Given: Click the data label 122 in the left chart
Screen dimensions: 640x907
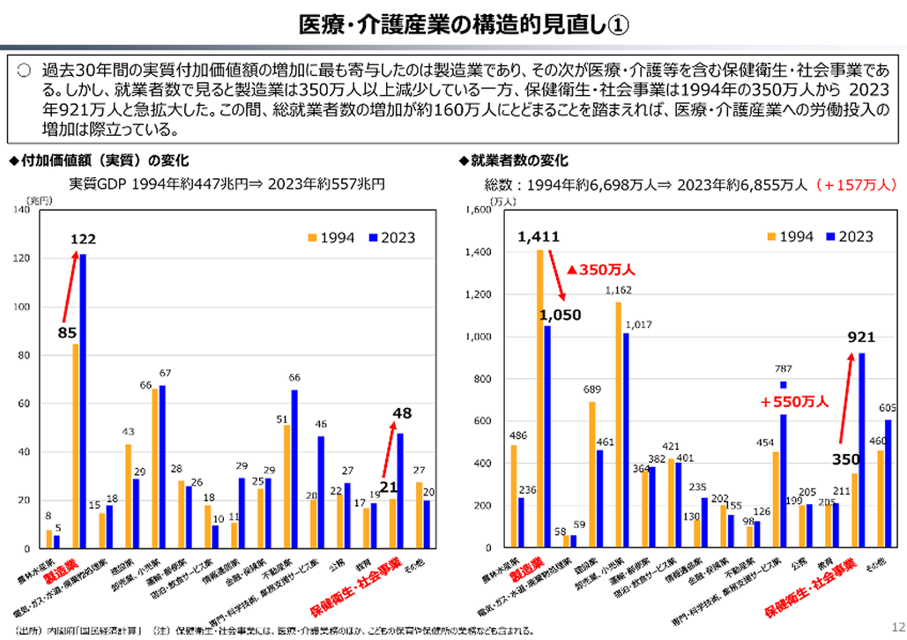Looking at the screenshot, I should (84, 239).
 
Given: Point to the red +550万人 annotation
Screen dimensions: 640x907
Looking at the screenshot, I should (794, 402).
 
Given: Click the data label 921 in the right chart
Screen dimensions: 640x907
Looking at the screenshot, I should (860, 338).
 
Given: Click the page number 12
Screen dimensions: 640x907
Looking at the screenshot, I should (891, 626).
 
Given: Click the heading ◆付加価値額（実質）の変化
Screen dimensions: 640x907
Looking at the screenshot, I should (98, 160).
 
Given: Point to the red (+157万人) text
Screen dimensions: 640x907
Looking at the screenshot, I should (855, 185).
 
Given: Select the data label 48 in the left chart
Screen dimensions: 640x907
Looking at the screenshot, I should (402, 413).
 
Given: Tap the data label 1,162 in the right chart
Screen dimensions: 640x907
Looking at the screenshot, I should (618, 290).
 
